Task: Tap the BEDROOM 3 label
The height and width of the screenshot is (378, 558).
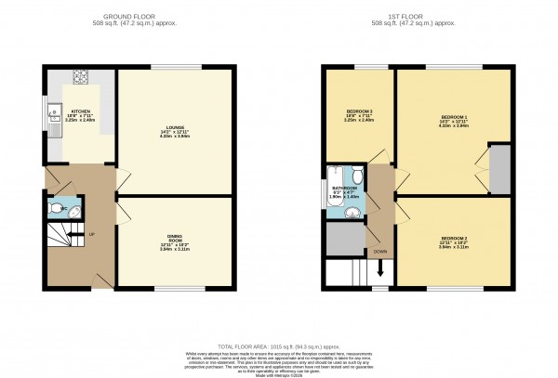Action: pyautogui.click(x=358, y=112)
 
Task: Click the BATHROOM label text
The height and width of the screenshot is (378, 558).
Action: pyautogui.click(x=345, y=189)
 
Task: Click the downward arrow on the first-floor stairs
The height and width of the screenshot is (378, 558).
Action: pyautogui.click(x=380, y=270)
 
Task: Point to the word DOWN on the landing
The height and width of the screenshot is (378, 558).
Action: pyautogui.click(x=380, y=252)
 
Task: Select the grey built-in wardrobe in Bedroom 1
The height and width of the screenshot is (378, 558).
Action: pyautogui.click(x=499, y=169)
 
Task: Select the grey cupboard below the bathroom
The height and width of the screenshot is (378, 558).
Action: pyautogui.click(x=345, y=239)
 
